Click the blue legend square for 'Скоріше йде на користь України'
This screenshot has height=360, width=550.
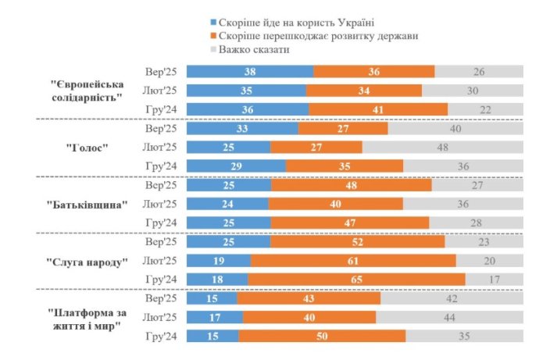click(214, 22)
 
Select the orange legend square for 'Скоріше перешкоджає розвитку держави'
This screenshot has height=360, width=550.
click(214, 36)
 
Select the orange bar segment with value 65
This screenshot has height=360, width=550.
click(356, 279)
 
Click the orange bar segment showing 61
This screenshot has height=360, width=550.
click(353, 260)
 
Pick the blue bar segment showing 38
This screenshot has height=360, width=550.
click(250, 72)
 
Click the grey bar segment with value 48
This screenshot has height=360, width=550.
click(442, 146)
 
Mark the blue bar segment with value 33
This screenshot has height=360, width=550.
click(243, 127)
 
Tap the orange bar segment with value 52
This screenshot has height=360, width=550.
click(357, 241)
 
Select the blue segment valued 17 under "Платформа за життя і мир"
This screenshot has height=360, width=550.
click(215, 317)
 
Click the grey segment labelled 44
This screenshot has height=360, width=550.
click(450, 317)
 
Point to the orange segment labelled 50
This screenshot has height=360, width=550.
click(322, 336)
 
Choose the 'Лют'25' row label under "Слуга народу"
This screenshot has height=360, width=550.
click(160, 260)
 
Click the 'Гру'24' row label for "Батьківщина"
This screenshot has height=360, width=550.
click(161, 223)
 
